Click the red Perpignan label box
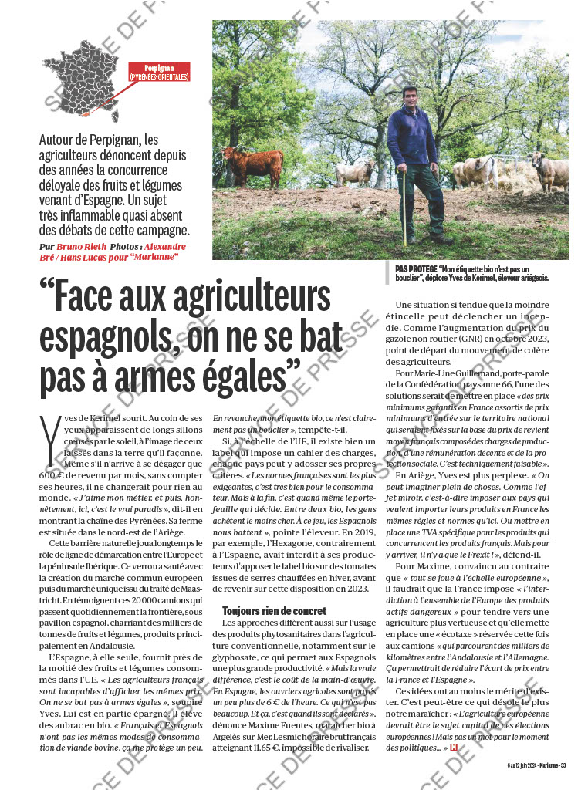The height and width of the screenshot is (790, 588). (x=159, y=72)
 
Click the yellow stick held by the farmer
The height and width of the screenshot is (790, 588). (x=404, y=208)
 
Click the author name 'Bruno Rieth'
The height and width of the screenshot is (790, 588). (x=82, y=247)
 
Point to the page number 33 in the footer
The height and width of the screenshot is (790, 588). (x=563, y=765)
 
